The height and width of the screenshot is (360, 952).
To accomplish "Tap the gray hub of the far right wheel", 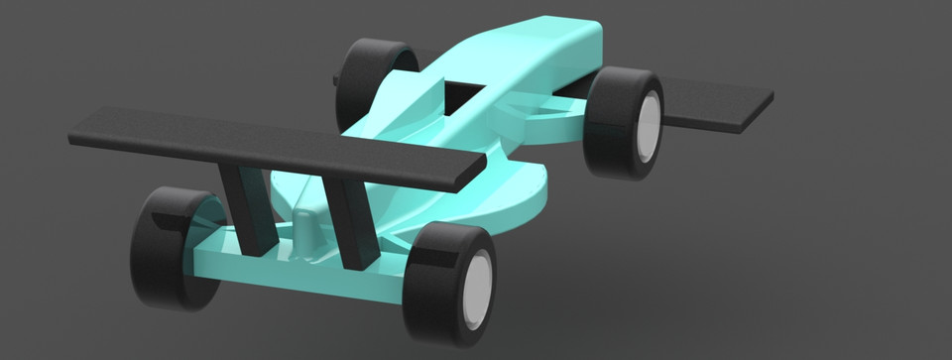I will point(648,129).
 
